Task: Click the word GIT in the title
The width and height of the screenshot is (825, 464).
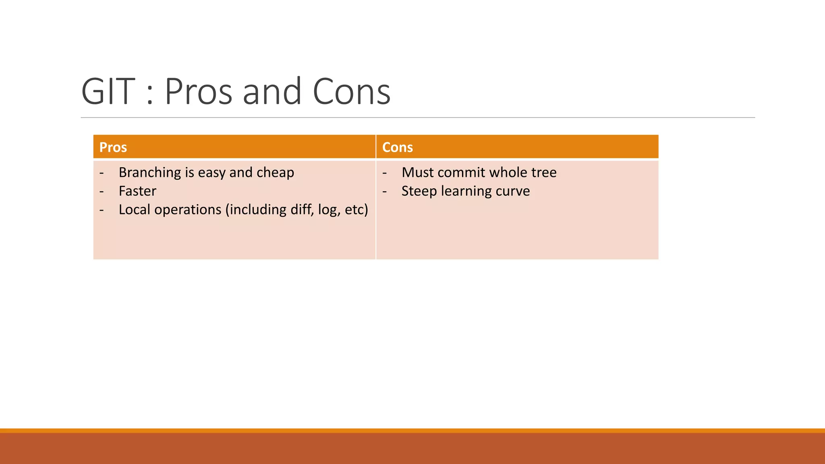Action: tap(108, 92)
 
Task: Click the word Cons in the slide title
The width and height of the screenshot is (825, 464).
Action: tap(351, 92)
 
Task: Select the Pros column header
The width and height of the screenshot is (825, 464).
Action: tap(113, 147)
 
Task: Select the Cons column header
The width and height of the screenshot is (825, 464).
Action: tap(397, 147)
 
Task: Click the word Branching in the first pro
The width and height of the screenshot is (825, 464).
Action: tap(150, 172)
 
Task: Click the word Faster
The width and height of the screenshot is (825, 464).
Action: tap(137, 191)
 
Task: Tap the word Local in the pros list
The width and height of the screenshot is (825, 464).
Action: tap(135, 209)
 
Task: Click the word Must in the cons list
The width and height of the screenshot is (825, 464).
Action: tap(417, 172)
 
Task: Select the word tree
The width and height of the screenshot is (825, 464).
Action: tap(544, 172)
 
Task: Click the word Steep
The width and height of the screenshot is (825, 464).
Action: tap(419, 191)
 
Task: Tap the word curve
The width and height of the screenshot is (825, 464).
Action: tap(512, 191)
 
